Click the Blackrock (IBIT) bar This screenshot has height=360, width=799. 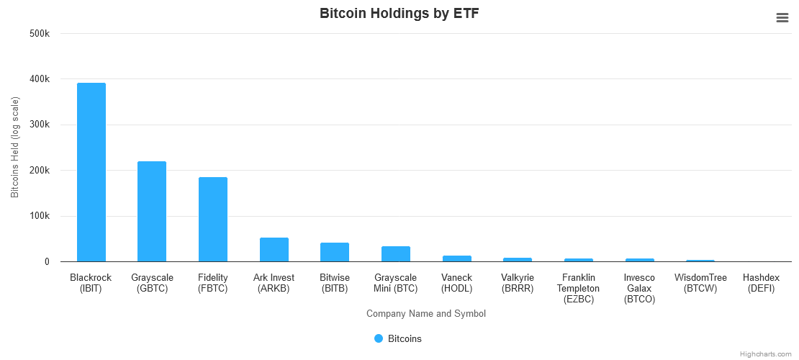click(x=91, y=172)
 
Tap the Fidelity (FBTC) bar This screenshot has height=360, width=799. click(x=213, y=219)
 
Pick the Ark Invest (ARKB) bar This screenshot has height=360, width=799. click(x=274, y=249)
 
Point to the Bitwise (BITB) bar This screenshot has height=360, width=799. click(x=335, y=252)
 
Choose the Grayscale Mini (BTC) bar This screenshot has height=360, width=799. click(x=396, y=254)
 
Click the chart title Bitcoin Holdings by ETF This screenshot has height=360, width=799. click(x=399, y=14)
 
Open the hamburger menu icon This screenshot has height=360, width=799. click(x=782, y=18)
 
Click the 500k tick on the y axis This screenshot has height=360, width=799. click(x=39, y=33)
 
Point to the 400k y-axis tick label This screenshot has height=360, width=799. click(x=39, y=79)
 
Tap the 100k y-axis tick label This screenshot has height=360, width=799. click(x=39, y=216)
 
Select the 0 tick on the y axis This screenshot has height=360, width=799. click(x=46, y=262)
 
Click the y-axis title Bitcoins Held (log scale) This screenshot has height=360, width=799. click(x=15, y=148)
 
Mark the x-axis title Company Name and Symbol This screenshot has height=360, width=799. click(x=426, y=313)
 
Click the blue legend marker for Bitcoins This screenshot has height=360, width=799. click(x=379, y=338)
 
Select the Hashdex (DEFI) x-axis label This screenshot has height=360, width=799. click(x=762, y=283)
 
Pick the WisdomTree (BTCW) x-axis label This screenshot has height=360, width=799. click(x=700, y=283)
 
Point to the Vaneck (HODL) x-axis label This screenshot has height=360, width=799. click(x=457, y=283)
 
